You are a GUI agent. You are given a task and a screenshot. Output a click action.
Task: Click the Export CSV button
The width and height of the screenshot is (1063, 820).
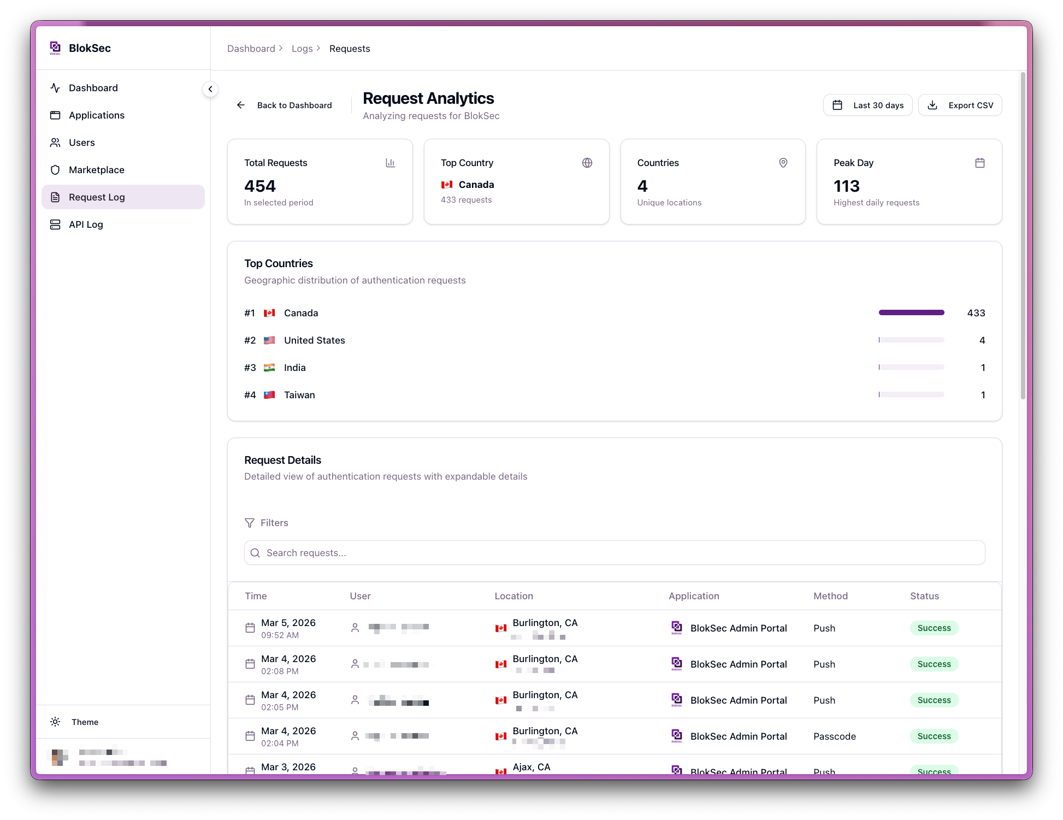click(960, 105)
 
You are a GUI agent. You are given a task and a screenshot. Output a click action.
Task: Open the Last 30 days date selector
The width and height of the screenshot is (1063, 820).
click(867, 105)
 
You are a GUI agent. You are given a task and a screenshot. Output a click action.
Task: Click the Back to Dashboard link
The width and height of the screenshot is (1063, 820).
click(285, 105)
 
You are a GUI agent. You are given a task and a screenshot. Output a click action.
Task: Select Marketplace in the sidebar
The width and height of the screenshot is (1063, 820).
click(96, 170)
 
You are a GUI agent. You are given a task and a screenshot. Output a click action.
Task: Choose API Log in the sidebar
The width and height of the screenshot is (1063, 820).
click(86, 225)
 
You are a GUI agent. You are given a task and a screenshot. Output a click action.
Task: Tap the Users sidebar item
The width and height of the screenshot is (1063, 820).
click(82, 143)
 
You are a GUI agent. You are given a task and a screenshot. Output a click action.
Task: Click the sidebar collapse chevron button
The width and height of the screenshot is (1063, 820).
click(210, 89)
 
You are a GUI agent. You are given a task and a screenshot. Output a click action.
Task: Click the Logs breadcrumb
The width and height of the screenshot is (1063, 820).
click(302, 49)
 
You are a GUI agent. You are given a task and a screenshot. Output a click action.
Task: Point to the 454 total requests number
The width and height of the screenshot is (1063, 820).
click(260, 186)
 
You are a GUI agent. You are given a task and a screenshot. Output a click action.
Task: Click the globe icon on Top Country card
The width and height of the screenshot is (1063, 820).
click(587, 163)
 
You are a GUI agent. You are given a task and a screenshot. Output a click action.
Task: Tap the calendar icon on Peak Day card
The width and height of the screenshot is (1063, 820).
click(980, 163)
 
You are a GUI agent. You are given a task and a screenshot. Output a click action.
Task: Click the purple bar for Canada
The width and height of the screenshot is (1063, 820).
click(911, 312)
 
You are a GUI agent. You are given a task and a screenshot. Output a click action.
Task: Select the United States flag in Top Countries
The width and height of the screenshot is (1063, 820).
click(269, 340)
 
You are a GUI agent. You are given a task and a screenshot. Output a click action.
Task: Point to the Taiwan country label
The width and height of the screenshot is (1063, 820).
click(299, 395)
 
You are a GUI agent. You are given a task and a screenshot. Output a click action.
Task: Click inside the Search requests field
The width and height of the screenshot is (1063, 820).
click(615, 553)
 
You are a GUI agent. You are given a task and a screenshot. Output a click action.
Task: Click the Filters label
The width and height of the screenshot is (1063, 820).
click(274, 523)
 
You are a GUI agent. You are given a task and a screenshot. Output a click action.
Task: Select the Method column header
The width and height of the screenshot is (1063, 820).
click(830, 596)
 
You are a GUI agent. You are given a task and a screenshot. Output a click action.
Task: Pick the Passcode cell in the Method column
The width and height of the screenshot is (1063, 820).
click(835, 736)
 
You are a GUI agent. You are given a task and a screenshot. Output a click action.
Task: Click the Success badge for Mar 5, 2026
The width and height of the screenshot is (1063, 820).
click(934, 628)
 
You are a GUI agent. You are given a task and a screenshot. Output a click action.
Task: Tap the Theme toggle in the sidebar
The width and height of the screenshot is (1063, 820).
click(85, 722)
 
